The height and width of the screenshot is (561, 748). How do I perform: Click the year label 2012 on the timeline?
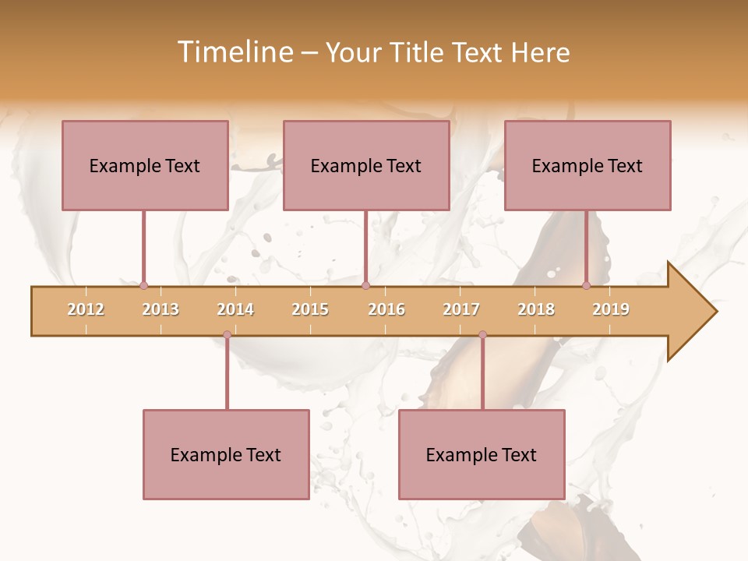click(86, 309)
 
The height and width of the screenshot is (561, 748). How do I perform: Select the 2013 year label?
click(161, 309)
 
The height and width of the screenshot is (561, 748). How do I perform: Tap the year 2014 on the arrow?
click(235, 309)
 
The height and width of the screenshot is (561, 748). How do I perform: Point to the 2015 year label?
click(310, 309)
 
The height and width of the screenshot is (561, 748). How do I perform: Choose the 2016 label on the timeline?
click(386, 309)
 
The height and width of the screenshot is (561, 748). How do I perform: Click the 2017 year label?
click(461, 309)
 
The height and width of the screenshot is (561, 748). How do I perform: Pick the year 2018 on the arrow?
click(536, 309)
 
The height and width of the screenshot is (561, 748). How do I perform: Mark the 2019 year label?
click(611, 309)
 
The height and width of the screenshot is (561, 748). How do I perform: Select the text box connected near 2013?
click(145, 165)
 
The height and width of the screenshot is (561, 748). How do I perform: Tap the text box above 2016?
click(366, 165)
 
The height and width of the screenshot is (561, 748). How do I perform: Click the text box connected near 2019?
click(587, 165)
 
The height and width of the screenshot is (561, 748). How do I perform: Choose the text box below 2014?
click(226, 454)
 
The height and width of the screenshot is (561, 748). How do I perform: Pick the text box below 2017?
click(482, 454)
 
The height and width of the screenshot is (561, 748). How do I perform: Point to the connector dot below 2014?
click(227, 335)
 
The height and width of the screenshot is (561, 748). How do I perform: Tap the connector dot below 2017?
click(482, 335)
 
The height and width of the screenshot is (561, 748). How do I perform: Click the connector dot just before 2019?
click(587, 286)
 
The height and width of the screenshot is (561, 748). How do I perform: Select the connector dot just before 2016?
click(365, 286)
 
